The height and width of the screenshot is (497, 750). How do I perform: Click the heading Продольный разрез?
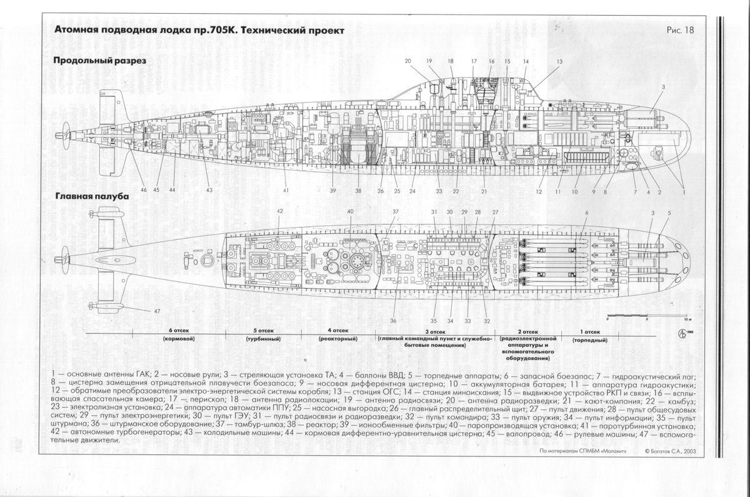click(x=99, y=61)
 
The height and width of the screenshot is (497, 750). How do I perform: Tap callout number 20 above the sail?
click(x=407, y=61)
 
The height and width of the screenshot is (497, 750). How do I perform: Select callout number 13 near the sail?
click(x=559, y=61)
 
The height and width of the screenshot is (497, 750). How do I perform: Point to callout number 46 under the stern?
click(x=143, y=190)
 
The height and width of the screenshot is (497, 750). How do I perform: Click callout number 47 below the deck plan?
click(x=157, y=311)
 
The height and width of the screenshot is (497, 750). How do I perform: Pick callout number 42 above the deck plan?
click(x=280, y=211)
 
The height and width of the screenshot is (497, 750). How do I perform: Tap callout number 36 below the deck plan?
click(x=393, y=320)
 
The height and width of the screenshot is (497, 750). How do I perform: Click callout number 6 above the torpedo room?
click(x=586, y=213)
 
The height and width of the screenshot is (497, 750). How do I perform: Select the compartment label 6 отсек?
click(x=179, y=330)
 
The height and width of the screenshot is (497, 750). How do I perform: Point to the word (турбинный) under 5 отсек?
click(x=259, y=338)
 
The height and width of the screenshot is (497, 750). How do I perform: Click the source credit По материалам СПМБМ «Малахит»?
click(x=580, y=449)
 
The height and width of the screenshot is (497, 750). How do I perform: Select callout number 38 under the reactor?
click(x=358, y=191)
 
